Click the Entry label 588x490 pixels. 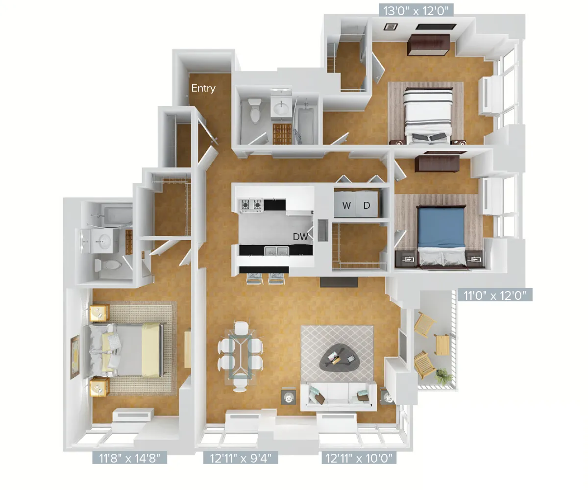pyautogui.click(x=203, y=88)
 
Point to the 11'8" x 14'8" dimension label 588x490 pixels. pyautogui.click(x=130, y=458)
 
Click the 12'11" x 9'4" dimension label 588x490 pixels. pyautogui.click(x=241, y=458)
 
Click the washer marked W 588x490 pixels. pyautogui.click(x=346, y=205)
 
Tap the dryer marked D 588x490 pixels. pyautogui.click(x=367, y=205)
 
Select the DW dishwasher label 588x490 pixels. pyautogui.click(x=300, y=237)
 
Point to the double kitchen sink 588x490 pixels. pyautogui.click(x=276, y=251)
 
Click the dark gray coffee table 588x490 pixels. pyautogui.click(x=339, y=358)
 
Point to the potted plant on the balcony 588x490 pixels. pyautogui.click(x=443, y=376)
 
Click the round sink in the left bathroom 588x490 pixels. pyautogui.click(x=103, y=240)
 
